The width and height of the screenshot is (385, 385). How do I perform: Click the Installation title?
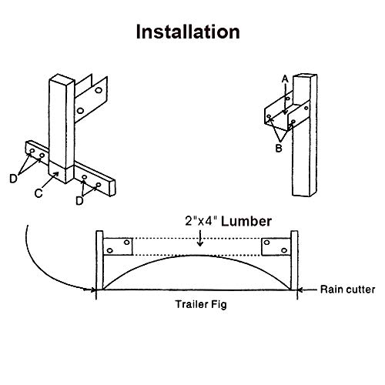point(188,32)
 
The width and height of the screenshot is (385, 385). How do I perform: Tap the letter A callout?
point(286,78)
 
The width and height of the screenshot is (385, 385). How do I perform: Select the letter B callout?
point(278,147)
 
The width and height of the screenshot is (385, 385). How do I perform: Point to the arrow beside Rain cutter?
point(306,290)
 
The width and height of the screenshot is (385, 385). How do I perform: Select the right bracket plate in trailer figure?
point(276,248)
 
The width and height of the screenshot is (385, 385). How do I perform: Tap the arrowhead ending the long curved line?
point(92,290)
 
